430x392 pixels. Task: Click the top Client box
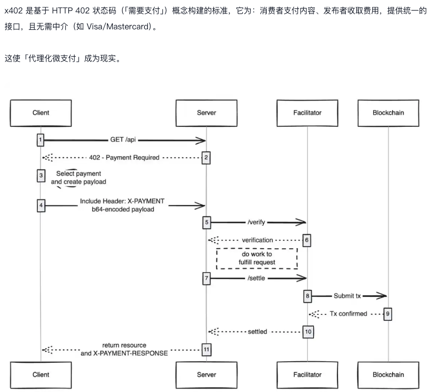[x=41, y=112]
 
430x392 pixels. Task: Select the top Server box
[x=207, y=112]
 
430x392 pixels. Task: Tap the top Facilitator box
[x=307, y=112]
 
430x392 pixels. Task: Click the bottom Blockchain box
[x=388, y=375]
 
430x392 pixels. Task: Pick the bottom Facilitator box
[x=307, y=375]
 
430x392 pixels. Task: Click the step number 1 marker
[x=40, y=140]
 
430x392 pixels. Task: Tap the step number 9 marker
[x=388, y=314]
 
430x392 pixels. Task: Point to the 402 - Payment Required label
[x=124, y=158]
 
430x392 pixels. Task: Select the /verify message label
[x=256, y=222]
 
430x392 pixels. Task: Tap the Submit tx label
[x=347, y=296]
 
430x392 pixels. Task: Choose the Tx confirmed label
[x=348, y=314]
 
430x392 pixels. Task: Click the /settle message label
[x=256, y=279]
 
